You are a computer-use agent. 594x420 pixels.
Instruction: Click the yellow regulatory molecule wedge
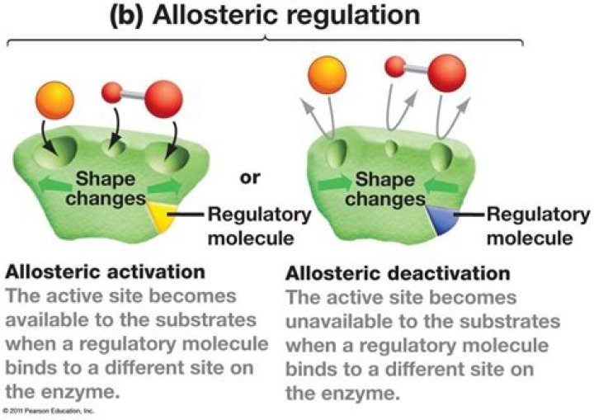click(x=159, y=219)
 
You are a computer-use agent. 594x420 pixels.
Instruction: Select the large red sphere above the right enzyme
click(x=446, y=72)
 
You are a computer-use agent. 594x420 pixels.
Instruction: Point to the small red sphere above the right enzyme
click(x=395, y=65)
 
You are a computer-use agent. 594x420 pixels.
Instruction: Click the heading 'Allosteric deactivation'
click(x=398, y=272)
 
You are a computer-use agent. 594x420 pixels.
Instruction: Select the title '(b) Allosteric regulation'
click(x=265, y=17)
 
